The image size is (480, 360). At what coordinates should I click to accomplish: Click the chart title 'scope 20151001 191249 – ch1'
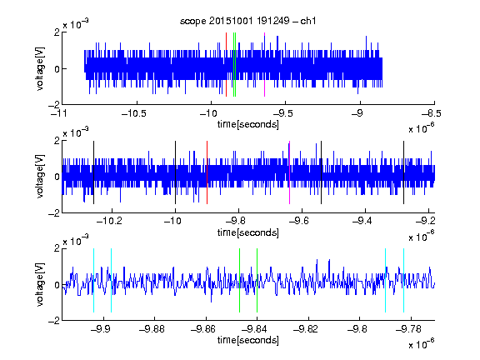pos(247,21)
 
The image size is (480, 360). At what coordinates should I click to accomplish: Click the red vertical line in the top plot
pos(226,65)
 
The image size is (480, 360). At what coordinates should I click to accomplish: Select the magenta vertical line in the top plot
pos(264,65)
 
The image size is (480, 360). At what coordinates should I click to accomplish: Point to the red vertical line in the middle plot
pos(207,172)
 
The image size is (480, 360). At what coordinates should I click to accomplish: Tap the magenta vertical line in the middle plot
pos(290,172)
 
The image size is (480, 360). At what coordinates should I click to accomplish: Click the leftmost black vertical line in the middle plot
pos(93,172)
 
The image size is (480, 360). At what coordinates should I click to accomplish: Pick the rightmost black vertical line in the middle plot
pos(403,172)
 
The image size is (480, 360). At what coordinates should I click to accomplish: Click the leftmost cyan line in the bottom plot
pos(93,280)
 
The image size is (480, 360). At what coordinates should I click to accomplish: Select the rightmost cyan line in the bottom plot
pos(403,280)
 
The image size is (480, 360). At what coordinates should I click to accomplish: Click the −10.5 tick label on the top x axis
pos(134,113)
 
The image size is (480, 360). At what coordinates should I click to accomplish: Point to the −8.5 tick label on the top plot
pos(432,113)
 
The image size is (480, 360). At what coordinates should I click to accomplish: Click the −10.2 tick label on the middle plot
pos(110,221)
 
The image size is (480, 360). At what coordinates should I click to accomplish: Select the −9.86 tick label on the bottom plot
pos(203,329)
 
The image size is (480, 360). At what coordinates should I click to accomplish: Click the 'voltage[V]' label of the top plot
pos(40,68)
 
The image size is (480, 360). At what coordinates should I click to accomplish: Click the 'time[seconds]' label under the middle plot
pos(248,233)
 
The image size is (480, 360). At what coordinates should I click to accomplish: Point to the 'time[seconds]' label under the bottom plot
pos(248,340)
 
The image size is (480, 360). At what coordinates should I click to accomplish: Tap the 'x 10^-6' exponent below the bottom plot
pos(422,343)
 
